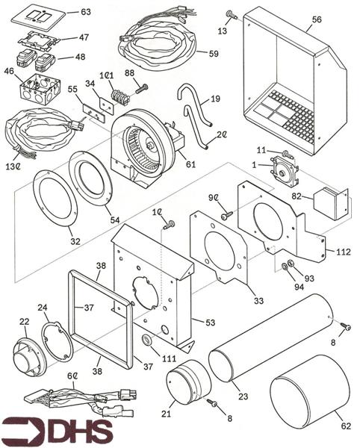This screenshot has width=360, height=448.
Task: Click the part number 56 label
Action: pyautogui.click(x=317, y=19)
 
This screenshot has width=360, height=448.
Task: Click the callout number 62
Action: pyautogui.click(x=346, y=426)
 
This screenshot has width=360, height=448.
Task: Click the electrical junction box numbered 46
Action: pyautogui.click(x=41, y=88)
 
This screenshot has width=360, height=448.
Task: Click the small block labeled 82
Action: pyautogui.click(x=326, y=204)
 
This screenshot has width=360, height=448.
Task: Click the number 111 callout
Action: pyautogui.click(x=169, y=358)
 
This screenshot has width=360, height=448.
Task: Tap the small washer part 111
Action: pyautogui.click(x=148, y=340)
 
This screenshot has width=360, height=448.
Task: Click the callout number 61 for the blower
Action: pyautogui.click(x=190, y=164)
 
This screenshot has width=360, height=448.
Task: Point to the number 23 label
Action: pyautogui.click(x=243, y=396)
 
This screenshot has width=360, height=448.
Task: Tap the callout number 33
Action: pyautogui.click(x=259, y=300)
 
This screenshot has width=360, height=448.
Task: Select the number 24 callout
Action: pyautogui.click(x=43, y=308)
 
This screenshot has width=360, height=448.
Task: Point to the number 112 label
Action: pyautogui.click(x=344, y=252)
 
